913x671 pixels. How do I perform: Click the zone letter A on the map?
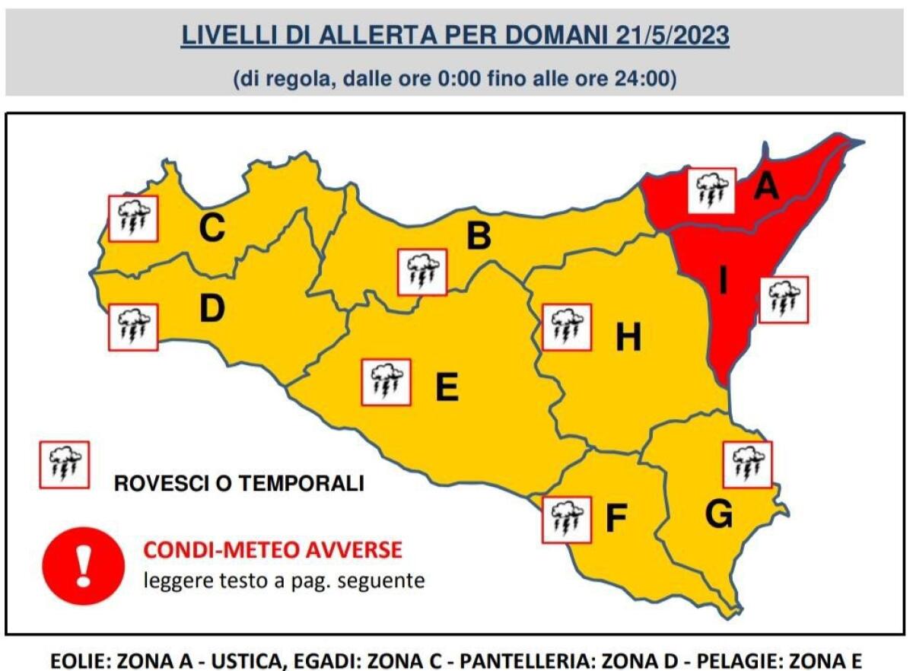pos(766,186)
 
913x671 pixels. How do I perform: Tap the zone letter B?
pos(479,237)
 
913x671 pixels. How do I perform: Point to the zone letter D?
pos(212,308)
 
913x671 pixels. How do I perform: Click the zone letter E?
pos(447,387)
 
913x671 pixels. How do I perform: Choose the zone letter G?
pos(718,515)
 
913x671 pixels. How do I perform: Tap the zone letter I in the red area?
pos(723,282)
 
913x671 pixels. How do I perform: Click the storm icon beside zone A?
pos(711,190)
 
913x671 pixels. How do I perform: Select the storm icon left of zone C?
pos(133,218)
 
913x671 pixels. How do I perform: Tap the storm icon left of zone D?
pos(133,327)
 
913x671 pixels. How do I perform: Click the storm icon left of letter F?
pos(566,520)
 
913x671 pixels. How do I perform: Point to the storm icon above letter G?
pos(746,464)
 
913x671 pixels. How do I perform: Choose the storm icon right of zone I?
pos(784,299)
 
